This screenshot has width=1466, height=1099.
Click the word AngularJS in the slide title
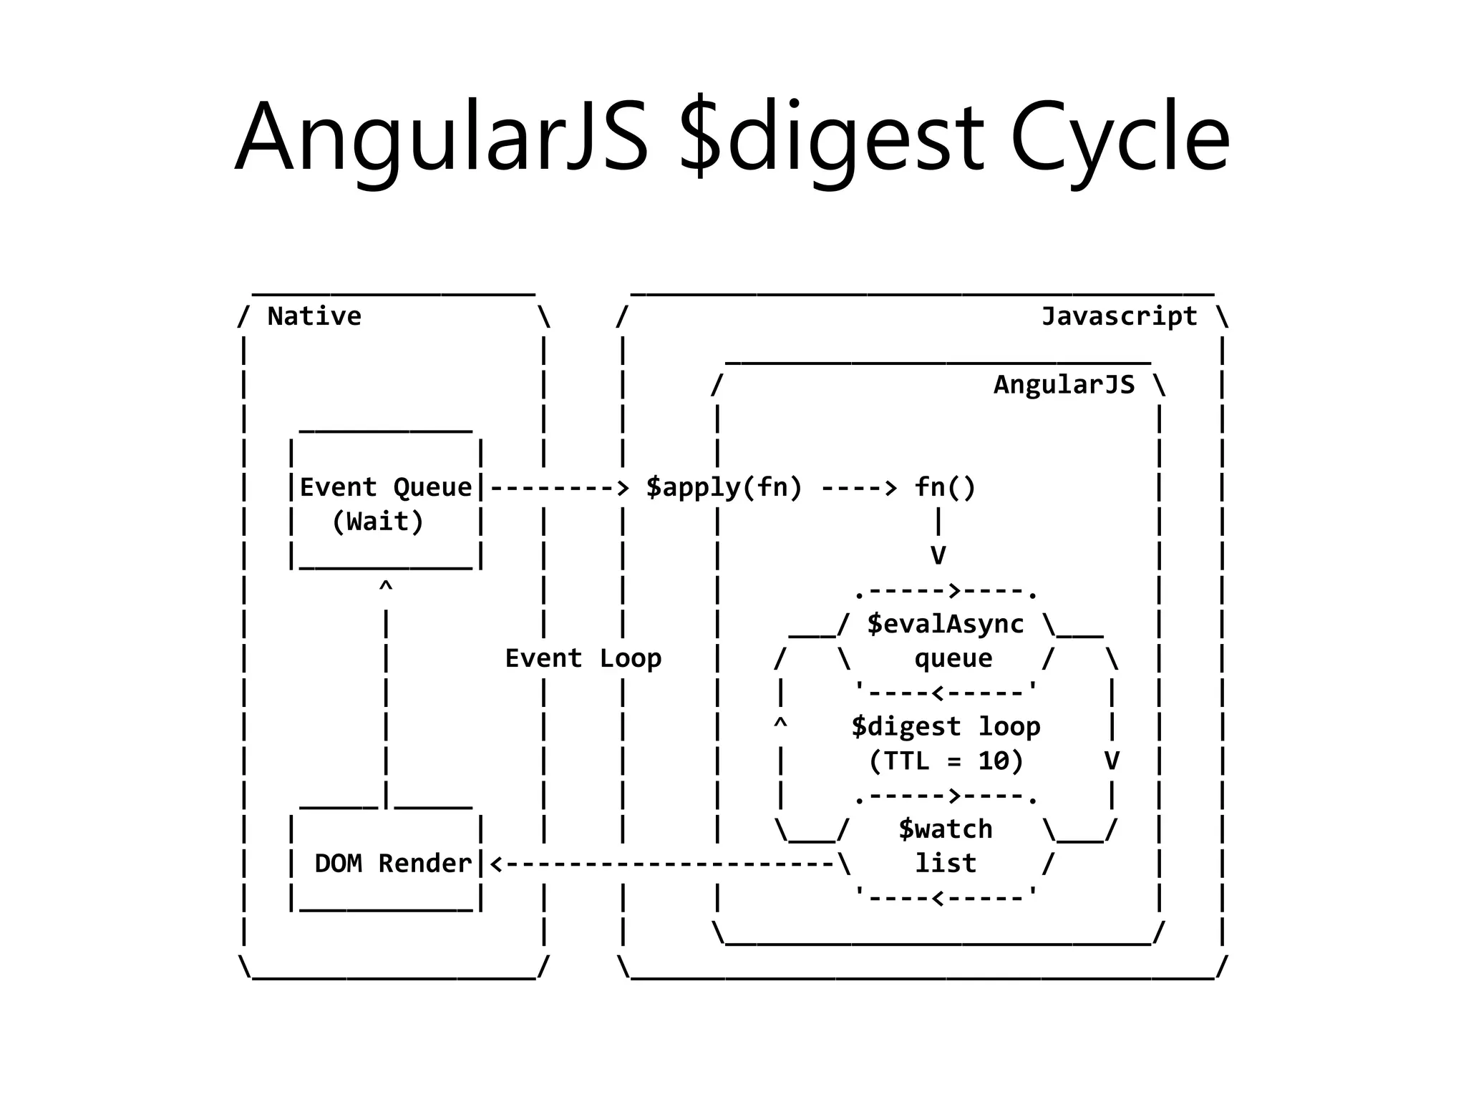pyautogui.click(x=442, y=137)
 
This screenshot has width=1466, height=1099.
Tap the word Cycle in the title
pyautogui.click(x=1120, y=137)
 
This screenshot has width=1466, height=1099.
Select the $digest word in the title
pyautogui.click(x=831, y=137)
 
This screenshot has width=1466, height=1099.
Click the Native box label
pyautogui.click(x=314, y=316)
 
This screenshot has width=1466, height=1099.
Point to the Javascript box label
pyautogui.click(x=1119, y=316)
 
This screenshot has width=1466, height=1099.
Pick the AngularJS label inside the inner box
pyautogui.click(x=1064, y=385)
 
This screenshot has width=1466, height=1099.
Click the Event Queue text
pyautogui.click(x=386, y=487)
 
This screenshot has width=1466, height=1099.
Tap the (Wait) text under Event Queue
pyautogui.click(x=378, y=522)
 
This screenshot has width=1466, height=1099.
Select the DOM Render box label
pyautogui.click(x=393, y=864)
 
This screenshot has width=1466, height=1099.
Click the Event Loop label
pyautogui.click(x=583, y=658)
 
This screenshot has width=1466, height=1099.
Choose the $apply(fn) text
pyautogui.click(x=724, y=487)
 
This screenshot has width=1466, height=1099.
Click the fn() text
pyautogui.click(x=945, y=487)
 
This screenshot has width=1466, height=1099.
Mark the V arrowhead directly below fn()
pyautogui.click(x=938, y=555)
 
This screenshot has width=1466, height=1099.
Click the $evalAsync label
pyautogui.click(x=945, y=625)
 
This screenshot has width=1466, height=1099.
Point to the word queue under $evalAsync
pyautogui.click(x=953, y=658)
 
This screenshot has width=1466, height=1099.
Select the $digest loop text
pyautogui.click(x=945, y=727)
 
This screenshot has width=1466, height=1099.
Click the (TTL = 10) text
pyautogui.click(x=945, y=761)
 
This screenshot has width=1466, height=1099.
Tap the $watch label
pyautogui.click(x=945, y=829)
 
